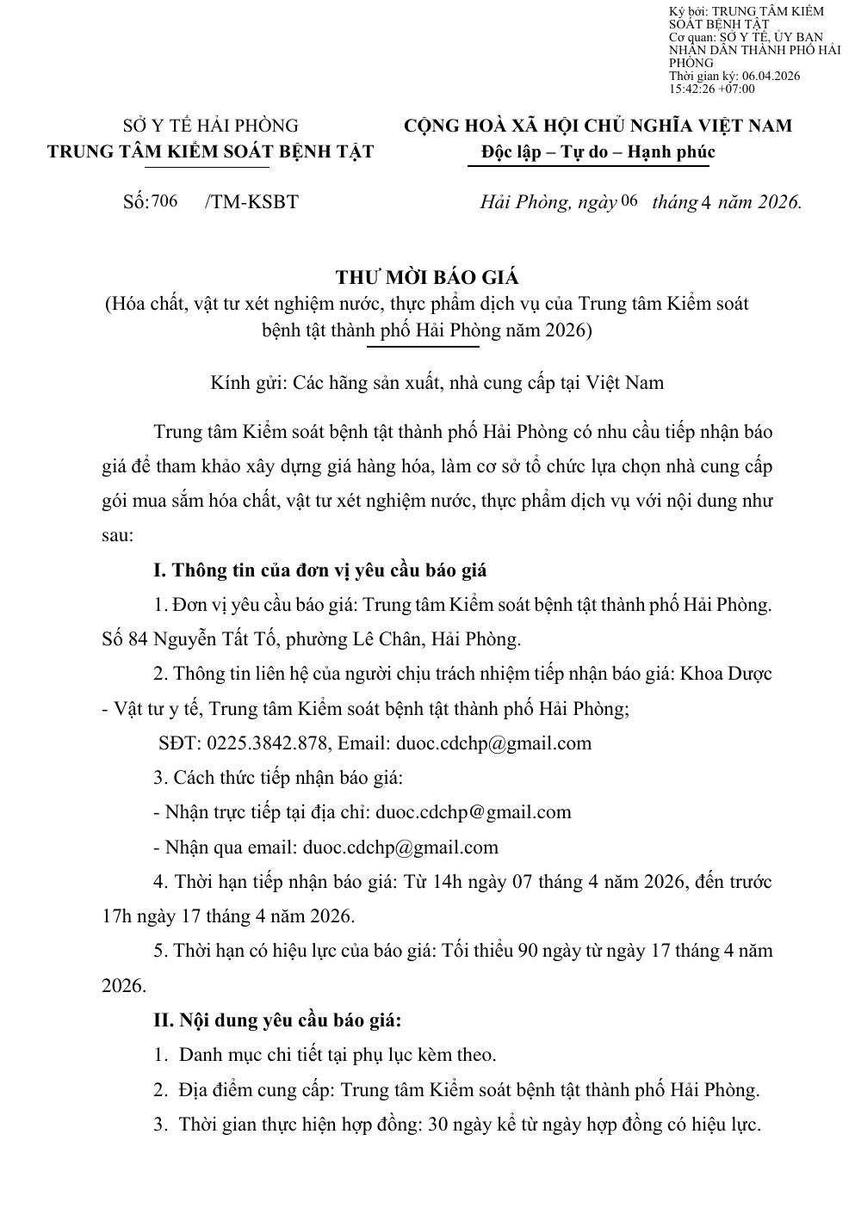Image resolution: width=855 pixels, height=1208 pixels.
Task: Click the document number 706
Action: tap(164, 201)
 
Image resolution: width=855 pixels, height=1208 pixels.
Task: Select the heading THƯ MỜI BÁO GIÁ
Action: tap(427, 277)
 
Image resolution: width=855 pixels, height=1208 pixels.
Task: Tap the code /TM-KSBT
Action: tap(251, 202)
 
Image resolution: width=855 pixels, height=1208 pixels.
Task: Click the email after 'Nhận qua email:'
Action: tap(400, 847)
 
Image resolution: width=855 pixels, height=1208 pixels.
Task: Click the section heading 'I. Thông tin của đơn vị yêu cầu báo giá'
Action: tap(319, 570)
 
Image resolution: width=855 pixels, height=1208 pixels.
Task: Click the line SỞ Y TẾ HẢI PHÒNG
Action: tap(210, 126)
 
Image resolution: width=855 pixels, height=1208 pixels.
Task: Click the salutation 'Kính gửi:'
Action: tap(248, 383)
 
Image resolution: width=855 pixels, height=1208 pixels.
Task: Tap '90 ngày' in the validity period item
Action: tap(547, 951)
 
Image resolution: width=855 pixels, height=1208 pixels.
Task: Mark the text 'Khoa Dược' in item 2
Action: tap(726, 674)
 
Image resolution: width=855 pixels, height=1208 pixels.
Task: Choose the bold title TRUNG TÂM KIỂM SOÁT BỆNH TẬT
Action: tap(210, 151)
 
